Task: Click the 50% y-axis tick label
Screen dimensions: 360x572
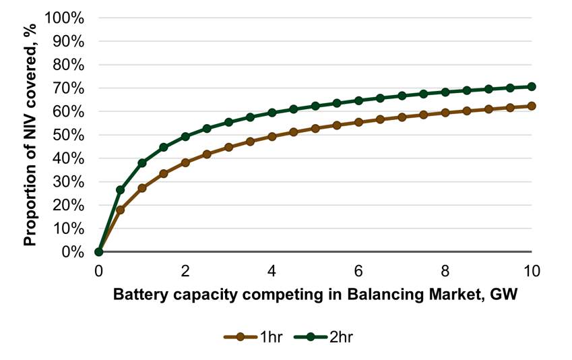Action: [67, 136]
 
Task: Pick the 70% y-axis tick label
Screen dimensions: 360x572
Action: [67, 88]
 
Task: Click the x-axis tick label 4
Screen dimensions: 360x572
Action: [272, 271]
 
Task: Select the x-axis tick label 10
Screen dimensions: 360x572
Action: [532, 271]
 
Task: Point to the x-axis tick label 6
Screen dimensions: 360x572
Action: [358, 271]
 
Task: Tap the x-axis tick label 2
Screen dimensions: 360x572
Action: [185, 271]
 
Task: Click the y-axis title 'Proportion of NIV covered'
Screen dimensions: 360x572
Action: [30, 135]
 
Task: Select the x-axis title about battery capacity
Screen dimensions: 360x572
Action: [315, 295]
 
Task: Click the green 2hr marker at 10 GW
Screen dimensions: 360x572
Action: [532, 86]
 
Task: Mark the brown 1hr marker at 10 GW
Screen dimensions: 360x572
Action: [532, 106]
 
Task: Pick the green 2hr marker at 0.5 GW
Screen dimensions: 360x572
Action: [121, 190]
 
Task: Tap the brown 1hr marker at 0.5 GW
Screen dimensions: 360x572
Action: [121, 210]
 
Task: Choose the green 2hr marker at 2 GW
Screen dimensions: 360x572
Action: [185, 136]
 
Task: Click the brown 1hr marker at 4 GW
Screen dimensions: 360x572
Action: [272, 136]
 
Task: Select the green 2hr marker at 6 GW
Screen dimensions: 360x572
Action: [358, 100]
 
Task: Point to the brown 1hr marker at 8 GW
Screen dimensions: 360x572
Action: [445, 113]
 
